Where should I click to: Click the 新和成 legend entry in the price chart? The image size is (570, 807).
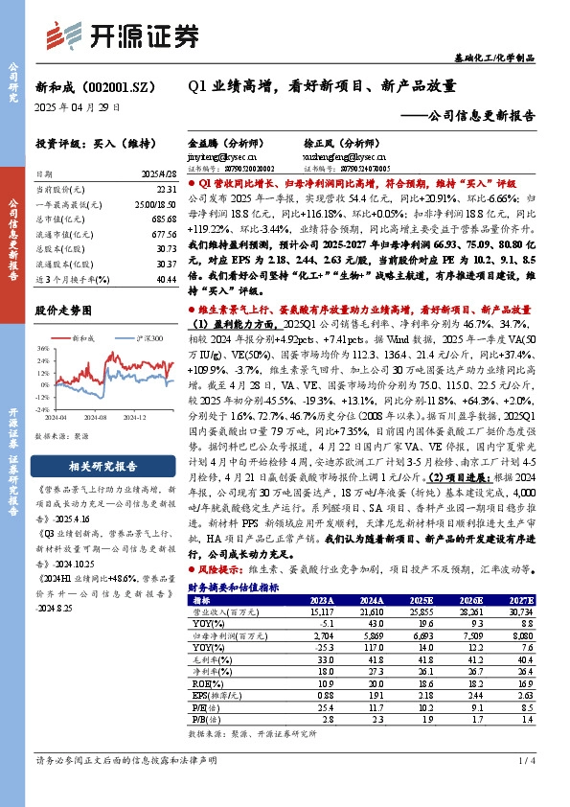click(80, 337)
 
